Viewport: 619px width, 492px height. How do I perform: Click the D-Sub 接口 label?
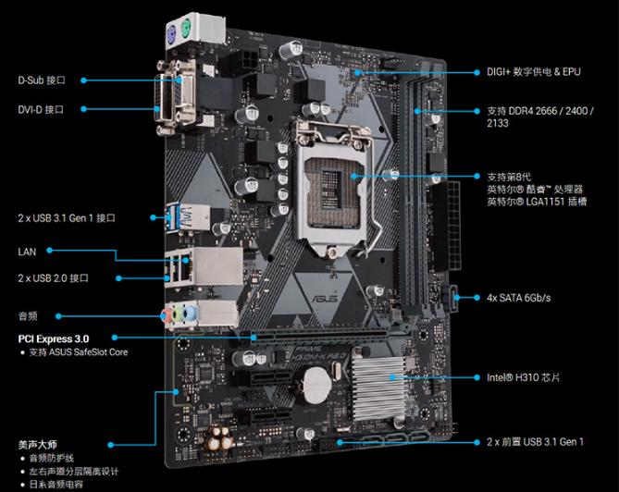(42, 80)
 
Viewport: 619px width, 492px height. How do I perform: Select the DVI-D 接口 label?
(41, 109)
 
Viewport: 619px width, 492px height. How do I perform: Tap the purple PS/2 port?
(172, 36)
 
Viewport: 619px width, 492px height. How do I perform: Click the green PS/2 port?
(186, 29)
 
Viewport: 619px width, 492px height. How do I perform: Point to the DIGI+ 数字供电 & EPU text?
(533, 72)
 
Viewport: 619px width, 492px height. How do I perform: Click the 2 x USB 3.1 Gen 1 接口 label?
(67, 217)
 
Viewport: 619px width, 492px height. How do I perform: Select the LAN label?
(27, 252)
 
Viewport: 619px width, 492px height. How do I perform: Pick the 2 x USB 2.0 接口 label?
(53, 278)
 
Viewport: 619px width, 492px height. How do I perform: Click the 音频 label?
(28, 316)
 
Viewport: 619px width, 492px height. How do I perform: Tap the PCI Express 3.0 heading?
(54, 338)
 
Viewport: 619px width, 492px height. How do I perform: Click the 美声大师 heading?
(38, 445)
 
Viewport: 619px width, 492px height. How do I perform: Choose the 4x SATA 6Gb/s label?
(518, 298)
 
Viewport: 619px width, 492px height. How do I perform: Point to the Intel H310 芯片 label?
(523, 377)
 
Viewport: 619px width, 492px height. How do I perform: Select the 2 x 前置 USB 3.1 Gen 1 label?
(535, 442)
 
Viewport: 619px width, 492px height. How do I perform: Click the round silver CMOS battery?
(316, 386)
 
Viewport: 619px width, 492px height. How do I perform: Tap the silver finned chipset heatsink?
(379, 387)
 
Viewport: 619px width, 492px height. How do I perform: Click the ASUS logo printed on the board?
(326, 297)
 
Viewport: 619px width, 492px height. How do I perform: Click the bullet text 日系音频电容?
(56, 484)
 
